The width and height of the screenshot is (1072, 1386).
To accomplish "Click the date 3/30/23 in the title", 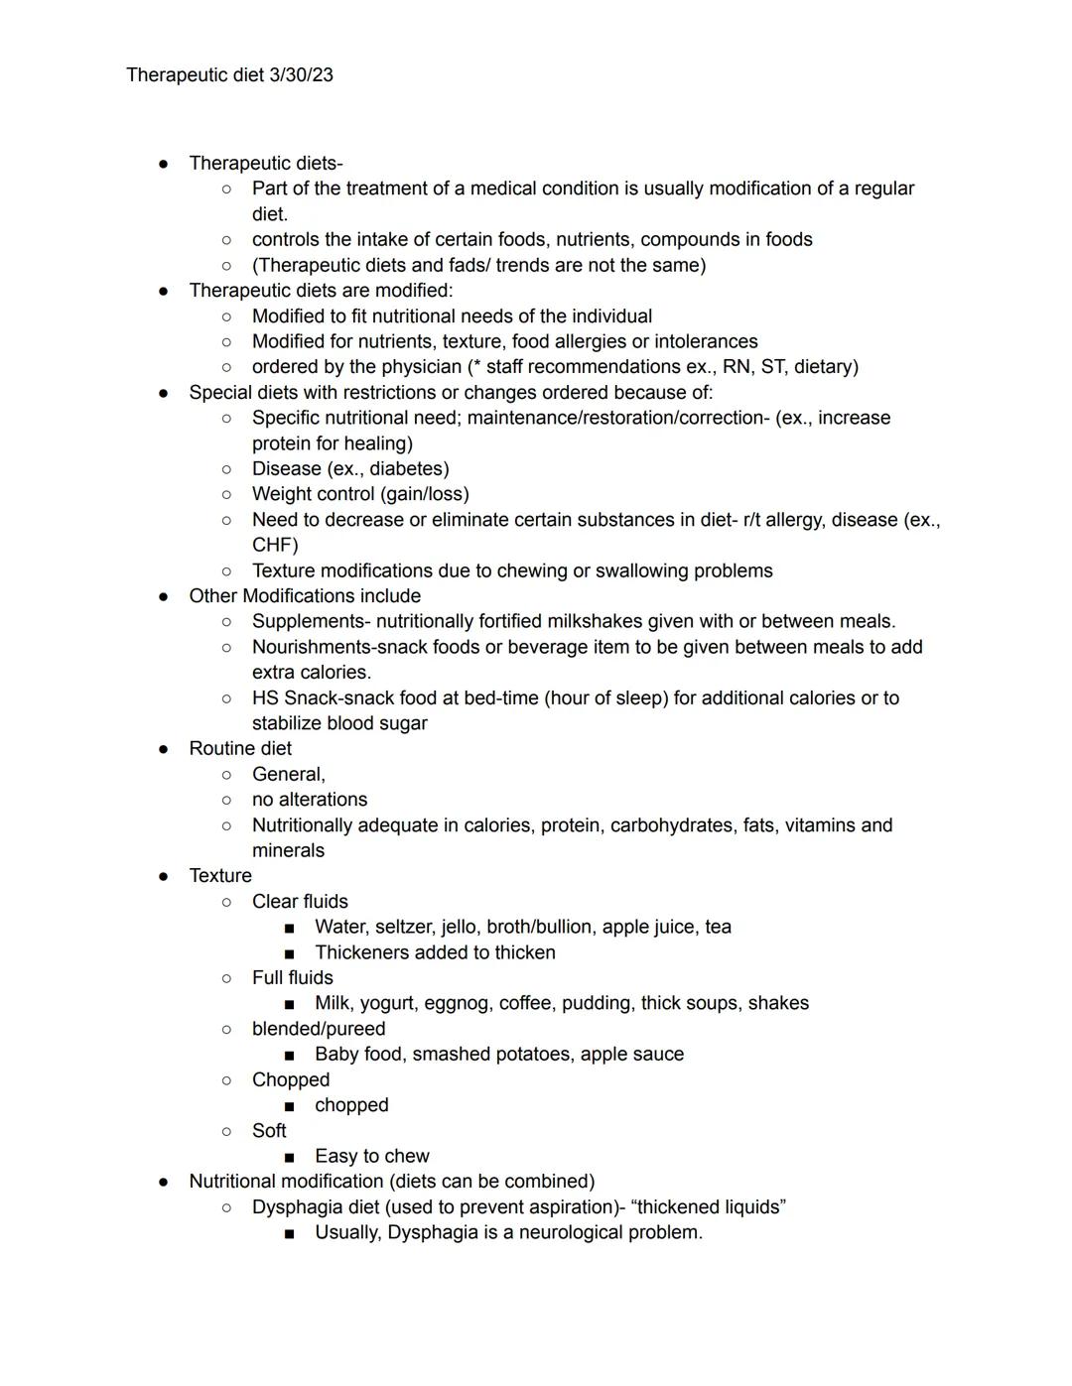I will coord(301,75).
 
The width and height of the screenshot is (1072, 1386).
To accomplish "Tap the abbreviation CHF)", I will coord(275,545).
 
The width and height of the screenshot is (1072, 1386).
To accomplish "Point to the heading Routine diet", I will coord(240,748).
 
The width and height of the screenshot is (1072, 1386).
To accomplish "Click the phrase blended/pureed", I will coord(318,1029).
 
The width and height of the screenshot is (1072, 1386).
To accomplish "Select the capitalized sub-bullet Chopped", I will coord(290,1079).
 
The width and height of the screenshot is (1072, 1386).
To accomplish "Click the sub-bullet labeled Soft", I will coord(269,1130).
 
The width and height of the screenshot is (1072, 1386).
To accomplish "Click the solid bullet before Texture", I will coord(164,876).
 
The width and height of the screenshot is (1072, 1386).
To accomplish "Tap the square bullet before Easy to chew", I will coord(289,1157).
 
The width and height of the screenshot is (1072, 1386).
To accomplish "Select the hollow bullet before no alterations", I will coord(226,800).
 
